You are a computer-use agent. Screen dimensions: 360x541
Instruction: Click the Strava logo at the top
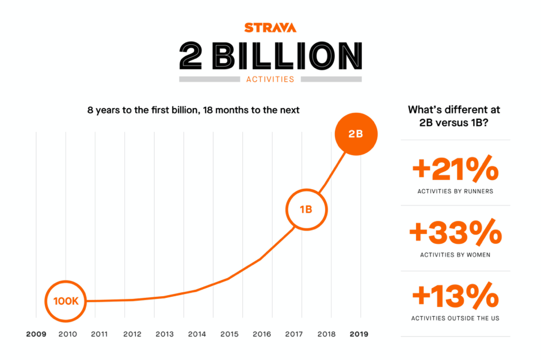270,28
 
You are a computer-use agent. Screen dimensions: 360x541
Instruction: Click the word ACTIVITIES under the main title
270,79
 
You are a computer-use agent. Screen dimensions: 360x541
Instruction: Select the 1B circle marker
306,209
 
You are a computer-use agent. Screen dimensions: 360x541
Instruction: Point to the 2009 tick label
36,334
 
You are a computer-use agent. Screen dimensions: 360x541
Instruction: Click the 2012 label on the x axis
132,334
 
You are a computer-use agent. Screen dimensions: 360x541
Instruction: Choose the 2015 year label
229,334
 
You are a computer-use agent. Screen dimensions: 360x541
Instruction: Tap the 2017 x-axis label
294,334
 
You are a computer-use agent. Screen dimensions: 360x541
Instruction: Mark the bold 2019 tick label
359,334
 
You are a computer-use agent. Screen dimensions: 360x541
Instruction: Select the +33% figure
455,233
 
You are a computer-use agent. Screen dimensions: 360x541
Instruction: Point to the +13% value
455,297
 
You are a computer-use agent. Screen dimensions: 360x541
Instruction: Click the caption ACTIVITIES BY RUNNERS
455,191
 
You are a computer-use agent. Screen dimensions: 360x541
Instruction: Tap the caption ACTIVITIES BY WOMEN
455,255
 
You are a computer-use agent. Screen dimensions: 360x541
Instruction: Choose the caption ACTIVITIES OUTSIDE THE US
455,318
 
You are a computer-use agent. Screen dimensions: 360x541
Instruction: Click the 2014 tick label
197,334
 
